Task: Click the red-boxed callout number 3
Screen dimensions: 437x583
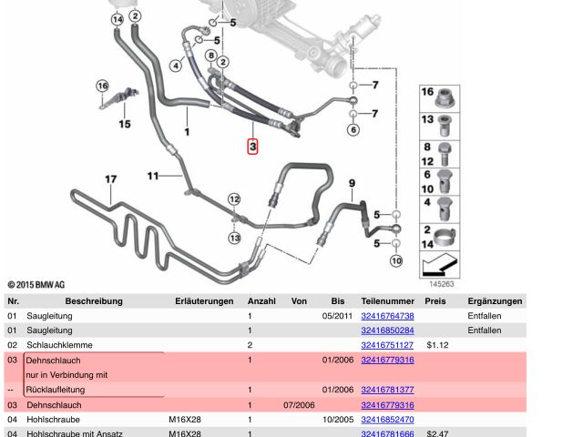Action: coord(254,146)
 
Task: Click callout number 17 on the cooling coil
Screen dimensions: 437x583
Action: coord(110,179)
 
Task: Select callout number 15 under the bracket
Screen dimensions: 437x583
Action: coord(125,124)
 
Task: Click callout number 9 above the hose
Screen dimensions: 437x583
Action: coord(352,184)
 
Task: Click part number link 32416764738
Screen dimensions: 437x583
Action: coord(387,315)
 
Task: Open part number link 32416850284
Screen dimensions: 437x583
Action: coord(387,330)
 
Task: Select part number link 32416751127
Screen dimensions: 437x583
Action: coord(387,345)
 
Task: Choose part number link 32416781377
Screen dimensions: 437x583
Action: coord(387,390)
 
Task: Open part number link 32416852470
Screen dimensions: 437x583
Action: coord(387,420)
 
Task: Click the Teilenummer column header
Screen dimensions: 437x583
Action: coord(387,300)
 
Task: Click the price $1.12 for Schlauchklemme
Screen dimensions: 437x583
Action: coord(438,345)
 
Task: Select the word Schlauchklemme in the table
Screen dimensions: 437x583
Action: coord(56,345)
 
